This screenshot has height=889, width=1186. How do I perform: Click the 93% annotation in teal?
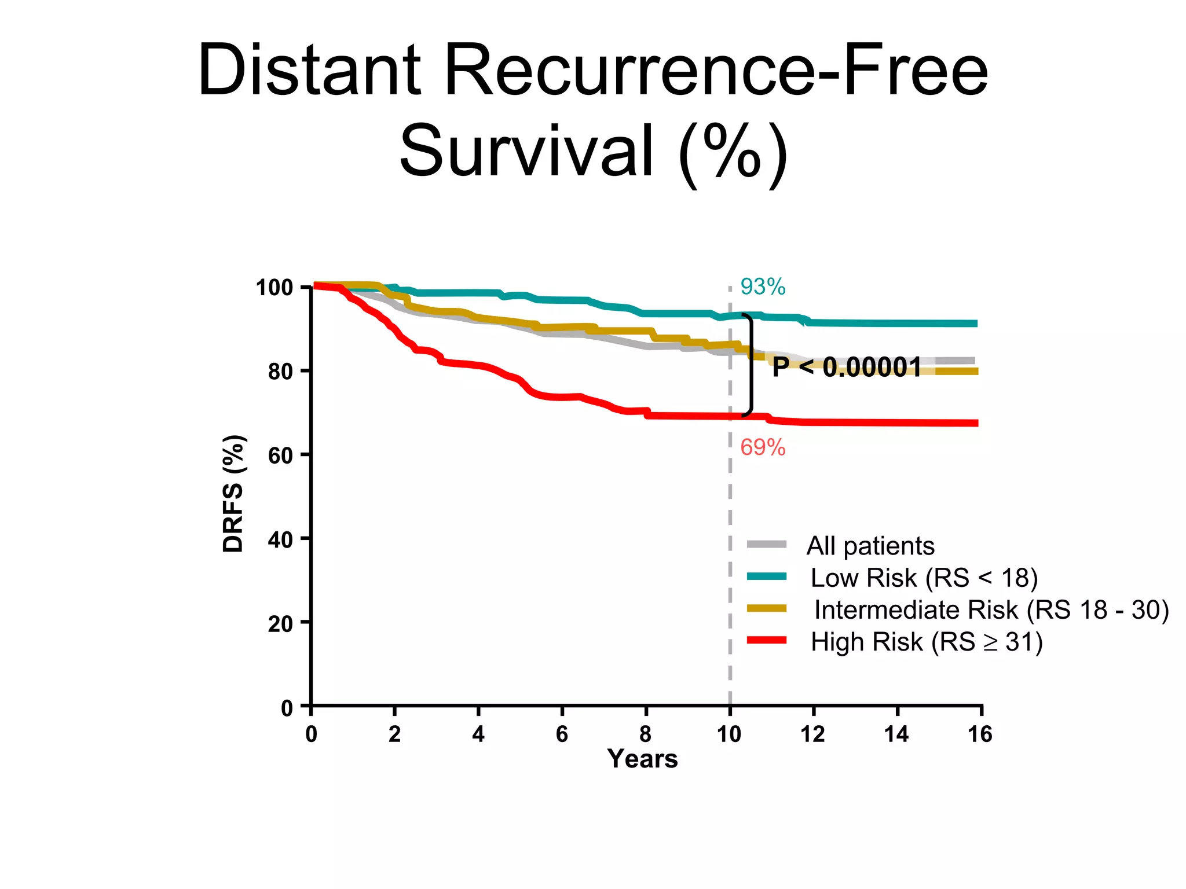click(x=763, y=287)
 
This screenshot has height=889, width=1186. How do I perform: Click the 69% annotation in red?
click(x=763, y=447)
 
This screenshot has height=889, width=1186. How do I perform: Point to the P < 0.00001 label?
click(x=847, y=367)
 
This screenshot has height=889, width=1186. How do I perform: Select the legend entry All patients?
click(x=870, y=546)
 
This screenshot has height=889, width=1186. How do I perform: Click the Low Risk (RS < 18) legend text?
click(x=924, y=578)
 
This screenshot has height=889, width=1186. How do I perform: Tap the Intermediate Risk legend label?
click(x=991, y=610)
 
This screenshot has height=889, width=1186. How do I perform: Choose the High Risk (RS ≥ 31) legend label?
click(x=927, y=642)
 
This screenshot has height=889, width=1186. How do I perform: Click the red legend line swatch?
click(x=767, y=640)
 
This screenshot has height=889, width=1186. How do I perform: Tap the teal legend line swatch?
click(x=767, y=576)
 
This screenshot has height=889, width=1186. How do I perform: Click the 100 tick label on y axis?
click(x=274, y=288)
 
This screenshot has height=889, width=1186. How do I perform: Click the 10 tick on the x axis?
click(x=729, y=734)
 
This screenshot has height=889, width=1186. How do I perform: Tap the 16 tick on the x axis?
click(x=980, y=734)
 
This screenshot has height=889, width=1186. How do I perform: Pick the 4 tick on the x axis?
click(x=478, y=734)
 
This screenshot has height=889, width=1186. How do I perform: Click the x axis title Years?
click(x=642, y=759)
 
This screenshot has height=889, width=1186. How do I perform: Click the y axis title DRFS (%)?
click(x=233, y=493)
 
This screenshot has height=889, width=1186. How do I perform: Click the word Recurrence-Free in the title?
click(x=716, y=71)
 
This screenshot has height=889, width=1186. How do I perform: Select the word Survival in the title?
click(x=527, y=152)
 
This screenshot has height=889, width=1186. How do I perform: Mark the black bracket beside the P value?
click(x=751, y=365)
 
